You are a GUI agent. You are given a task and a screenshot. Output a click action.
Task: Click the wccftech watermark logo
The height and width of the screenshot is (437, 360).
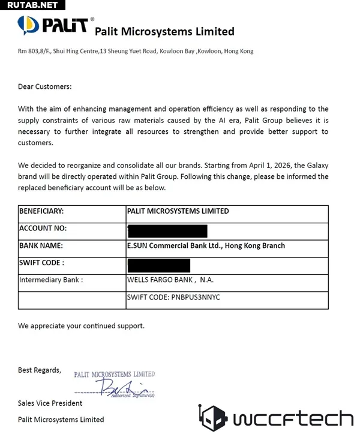click(276, 418)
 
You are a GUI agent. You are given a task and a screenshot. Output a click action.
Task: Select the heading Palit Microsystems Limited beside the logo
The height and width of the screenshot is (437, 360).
click(164, 31)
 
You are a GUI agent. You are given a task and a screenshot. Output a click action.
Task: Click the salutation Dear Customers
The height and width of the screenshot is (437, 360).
click(45, 86)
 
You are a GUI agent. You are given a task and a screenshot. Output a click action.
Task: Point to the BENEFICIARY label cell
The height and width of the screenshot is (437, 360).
click(42, 211)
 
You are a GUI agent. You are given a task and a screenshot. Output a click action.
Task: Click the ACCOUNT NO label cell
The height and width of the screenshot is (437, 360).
click(43, 229)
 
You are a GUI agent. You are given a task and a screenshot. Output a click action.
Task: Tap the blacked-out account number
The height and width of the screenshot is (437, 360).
click(167, 231)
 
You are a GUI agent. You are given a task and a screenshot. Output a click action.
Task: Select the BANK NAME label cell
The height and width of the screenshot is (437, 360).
click(41, 246)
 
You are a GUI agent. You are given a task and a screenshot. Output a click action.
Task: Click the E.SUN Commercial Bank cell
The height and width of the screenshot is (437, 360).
click(206, 246)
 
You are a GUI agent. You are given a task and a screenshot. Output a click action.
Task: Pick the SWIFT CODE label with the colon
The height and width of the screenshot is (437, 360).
click(42, 263)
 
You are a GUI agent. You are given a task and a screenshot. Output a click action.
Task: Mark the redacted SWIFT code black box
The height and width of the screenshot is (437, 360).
click(158, 265)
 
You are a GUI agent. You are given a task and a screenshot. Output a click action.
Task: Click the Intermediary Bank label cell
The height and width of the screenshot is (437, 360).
click(51, 280)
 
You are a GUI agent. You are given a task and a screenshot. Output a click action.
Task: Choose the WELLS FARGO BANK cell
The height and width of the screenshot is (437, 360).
click(170, 280)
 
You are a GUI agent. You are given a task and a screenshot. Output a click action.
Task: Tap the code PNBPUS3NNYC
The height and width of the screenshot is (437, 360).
click(196, 297)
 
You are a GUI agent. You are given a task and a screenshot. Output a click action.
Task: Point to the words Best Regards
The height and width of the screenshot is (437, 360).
click(40, 370)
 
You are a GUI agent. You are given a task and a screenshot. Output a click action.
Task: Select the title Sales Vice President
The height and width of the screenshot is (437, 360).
click(50, 403)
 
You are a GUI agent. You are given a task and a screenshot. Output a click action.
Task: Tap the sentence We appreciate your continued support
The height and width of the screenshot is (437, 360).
click(81, 326)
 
